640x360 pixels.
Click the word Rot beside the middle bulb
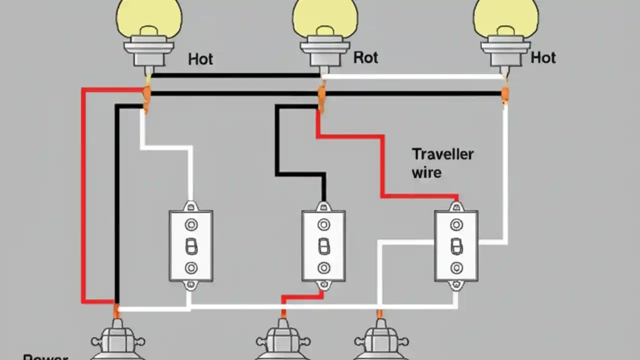click(x=365, y=57)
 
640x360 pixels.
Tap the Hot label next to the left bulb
click(x=200, y=59)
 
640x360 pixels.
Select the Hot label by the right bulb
click(x=543, y=57)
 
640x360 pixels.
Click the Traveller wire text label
click(x=442, y=163)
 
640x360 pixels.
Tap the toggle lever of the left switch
click(x=191, y=246)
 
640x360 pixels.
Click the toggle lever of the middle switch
click(x=324, y=246)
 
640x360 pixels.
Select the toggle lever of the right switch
click(x=456, y=246)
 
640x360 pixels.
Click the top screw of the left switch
click(x=191, y=225)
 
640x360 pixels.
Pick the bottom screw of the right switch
click(x=456, y=267)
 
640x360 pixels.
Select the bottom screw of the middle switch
click(x=324, y=267)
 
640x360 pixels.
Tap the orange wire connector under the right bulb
click(x=505, y=93)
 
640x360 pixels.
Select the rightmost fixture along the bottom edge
click(x=381, y=342)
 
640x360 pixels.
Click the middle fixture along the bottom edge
click(x=283, y=342)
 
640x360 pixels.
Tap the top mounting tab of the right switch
click(x=456, y=205)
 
